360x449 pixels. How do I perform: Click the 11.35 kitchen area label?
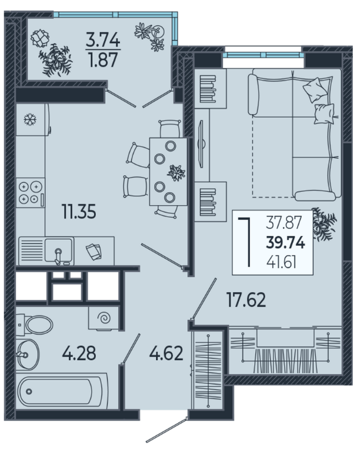pyautogui.click(x=79, y=212)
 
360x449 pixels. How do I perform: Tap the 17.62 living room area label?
pyautogui.click(x=246, y=300)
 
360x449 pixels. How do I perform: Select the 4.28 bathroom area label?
pyautogui.click(x=79, y=353)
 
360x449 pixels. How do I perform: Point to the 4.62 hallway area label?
pyautogui.click(x=166, y=353)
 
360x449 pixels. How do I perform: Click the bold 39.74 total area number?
pyautogui.click(x=285, y=243)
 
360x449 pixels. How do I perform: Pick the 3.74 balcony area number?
pyautogui.click(x=103, y=39)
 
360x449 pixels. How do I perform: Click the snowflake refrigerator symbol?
pyautogui.click(x=30, y=119)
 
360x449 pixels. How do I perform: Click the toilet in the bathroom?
pyautogui.click(x=34, y=325)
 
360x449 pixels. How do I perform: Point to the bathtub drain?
pyautogui.click(x=29, y=391)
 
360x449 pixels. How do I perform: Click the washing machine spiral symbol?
pyautogui.click(x=104, y=317)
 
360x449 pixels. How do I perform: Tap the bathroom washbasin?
pyautogui.click(x=28, y=354)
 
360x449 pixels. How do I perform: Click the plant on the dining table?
pyautogui.click(x=176, y=173)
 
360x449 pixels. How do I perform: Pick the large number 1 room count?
pyautogui.click(x=246, y=242)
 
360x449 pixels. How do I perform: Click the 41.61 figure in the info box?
pyautogui.click(x=281, y=262)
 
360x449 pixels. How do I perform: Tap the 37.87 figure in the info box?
pyautogui.click(x=284, y=223)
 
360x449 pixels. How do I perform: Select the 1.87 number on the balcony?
pyautogui.click(x=103, y=60)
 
